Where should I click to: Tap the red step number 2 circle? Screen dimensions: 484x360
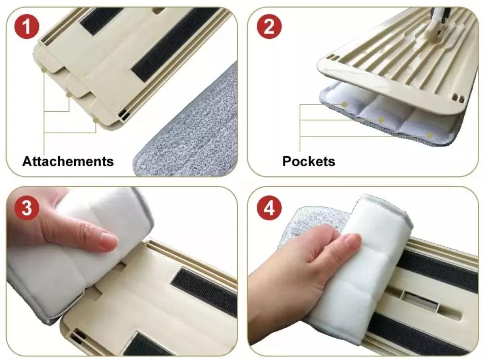(269, 27)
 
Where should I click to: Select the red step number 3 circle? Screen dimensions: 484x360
(27, 208)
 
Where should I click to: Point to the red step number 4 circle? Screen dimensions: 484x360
(269, 208)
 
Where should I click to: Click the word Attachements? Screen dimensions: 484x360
(68, 161)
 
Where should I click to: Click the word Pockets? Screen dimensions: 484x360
(309, 161)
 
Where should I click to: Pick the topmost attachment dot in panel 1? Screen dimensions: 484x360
(44, 70)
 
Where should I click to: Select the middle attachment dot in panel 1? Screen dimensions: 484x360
(69, 94)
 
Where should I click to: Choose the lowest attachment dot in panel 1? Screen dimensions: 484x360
(95, 120)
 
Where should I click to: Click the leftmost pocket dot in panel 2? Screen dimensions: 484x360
(344, 105)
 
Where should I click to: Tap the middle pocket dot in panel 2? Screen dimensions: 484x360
(381, 120)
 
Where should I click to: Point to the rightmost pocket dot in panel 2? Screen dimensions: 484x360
(430, 135)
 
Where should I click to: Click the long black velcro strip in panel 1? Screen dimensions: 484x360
(175, 44)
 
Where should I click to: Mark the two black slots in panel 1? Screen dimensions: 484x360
(124, 115)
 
